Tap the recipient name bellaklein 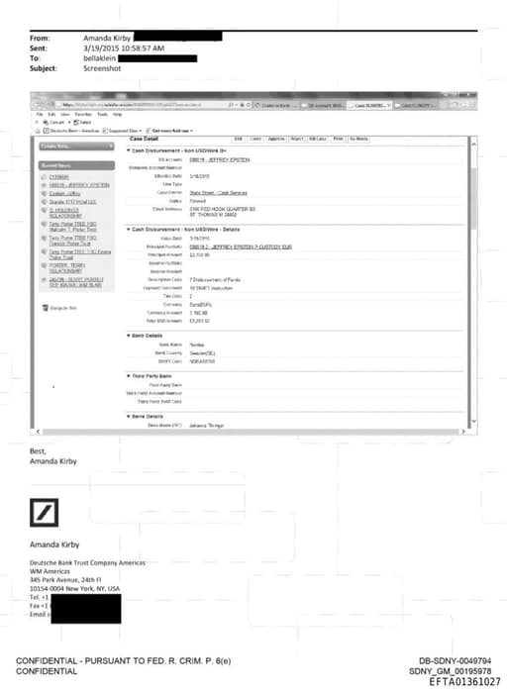pos(104,56)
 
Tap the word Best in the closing pos(40,450)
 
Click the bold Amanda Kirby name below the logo pos(53,544)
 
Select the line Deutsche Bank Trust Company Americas pos(86,562)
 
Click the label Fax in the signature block pos(35,606)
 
